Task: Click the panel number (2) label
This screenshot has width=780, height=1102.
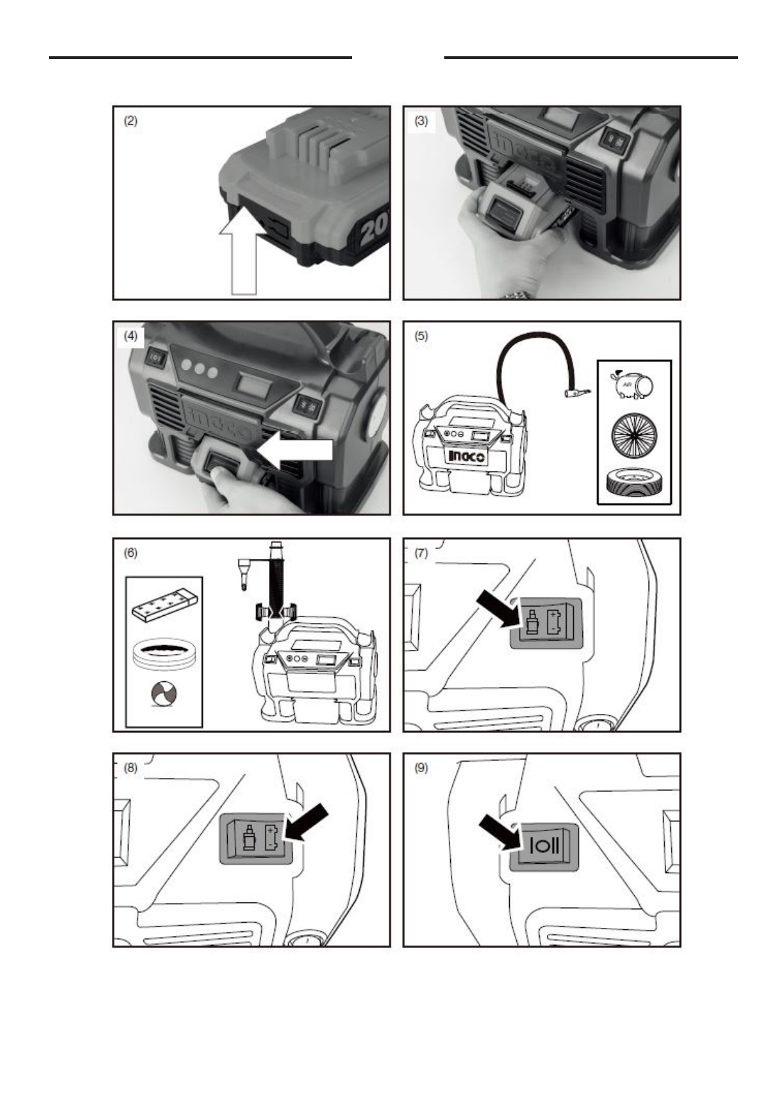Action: point(131,121)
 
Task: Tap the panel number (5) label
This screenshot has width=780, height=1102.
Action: point(421,336)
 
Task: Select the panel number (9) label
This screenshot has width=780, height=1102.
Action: point(421,768)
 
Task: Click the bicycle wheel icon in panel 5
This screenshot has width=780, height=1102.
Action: point(634,433)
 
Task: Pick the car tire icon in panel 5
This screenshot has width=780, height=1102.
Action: point(634,484)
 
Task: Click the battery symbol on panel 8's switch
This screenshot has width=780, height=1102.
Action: point(272,838)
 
